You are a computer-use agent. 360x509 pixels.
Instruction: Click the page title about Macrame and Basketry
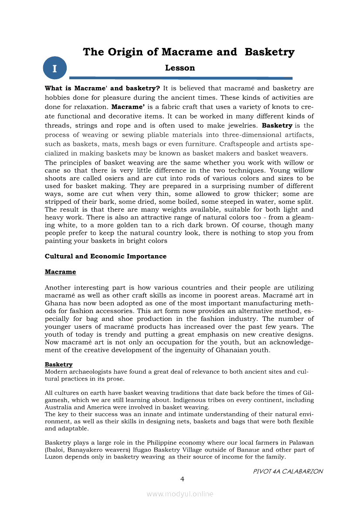tap(188, 52)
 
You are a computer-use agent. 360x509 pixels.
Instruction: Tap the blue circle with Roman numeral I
tap(55, 68)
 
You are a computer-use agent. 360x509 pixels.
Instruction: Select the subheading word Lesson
tap(180, 68)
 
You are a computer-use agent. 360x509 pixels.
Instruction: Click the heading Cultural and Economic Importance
tap(105, 256)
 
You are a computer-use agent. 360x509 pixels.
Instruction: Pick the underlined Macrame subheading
tap(60, 272)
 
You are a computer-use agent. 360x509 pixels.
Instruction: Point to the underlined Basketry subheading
tap(58, 364)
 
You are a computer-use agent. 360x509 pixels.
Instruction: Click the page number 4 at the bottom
tap(183, 479)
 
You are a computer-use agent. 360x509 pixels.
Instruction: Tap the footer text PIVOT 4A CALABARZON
tap(288, 472)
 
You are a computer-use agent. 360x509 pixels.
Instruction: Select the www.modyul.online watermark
tap(180, 494)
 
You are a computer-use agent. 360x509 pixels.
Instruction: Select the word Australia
tap(58, 407)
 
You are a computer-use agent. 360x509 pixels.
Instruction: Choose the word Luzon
tap(54, 457)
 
